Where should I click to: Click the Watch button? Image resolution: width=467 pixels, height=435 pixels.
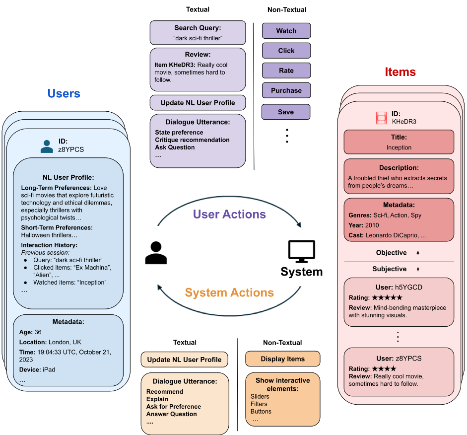pos(286,31)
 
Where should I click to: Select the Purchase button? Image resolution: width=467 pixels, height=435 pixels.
pos(286,90)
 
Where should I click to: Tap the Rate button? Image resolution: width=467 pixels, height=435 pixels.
pos(286,71)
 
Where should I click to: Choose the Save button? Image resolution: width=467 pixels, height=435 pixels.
pos(286,112)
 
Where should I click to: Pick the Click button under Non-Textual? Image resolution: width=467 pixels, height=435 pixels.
pos(286,51)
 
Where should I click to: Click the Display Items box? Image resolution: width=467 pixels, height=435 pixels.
pos(283,359)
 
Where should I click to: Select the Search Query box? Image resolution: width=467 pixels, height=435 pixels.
pos(198,33)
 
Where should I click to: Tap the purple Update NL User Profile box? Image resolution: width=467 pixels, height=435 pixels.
pos(198,103)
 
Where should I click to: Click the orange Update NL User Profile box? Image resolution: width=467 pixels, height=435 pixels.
pos(184,360)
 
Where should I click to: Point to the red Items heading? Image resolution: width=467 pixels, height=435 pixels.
pos(400,72)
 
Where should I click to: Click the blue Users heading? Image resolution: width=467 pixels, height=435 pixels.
pos(64,94)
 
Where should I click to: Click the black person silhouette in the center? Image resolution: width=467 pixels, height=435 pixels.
pos(156,252)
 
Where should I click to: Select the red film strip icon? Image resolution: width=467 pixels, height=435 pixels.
pos(381,118)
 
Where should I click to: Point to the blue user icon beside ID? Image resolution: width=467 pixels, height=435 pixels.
pos(47,145)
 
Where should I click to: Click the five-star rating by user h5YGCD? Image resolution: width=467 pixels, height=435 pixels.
pos(388,298)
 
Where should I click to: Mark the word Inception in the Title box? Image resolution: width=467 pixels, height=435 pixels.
pos(399,147)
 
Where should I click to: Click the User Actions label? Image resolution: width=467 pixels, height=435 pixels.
pos(229,215)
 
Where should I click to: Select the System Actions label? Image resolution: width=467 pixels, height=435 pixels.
pos(229,292)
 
